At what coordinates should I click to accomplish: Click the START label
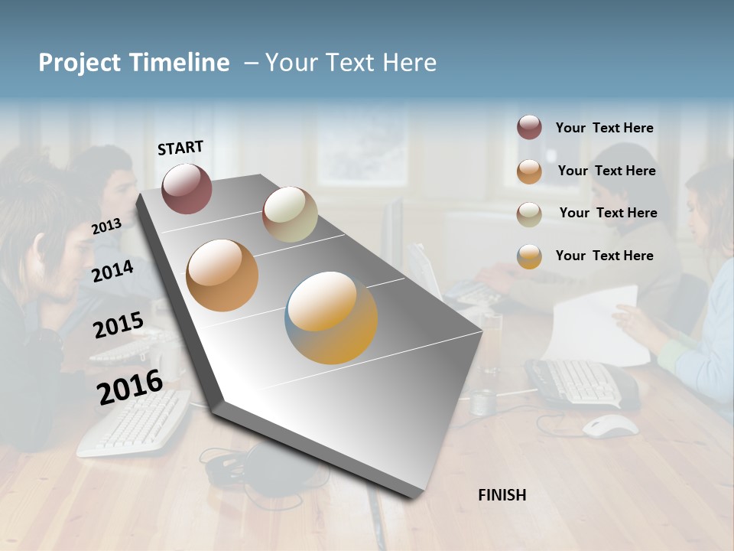pyautogui.click(x=180, y=148)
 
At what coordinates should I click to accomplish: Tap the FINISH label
pyautogui.click(x=502, y=495)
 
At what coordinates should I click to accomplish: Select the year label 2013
pyautogui.click(x=106, y=227)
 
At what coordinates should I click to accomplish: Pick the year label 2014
pyautogui.click(x=112, y=271)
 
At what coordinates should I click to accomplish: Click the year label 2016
pyautogui.click(x=129, y=387)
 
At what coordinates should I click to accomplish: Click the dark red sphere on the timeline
pyautogui.click(x=187, y=188)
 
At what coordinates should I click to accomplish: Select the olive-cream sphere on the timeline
pyautogui.click(x=290, y=214)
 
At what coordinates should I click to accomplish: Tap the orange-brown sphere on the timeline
pyautogui.click(x=222, y=275)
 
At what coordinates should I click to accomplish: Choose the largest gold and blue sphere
pyautogui.click(x=331, y=318)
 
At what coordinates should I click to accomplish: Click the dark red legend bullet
pyautogui.click(x=529, y=128)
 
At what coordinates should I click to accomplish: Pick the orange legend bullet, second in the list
pyautogui.click(x=529, y=171)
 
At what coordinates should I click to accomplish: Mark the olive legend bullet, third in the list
pyautogui.click(x=529, y=214)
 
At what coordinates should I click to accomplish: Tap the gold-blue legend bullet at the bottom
pyautogui.click(x=529, y=256)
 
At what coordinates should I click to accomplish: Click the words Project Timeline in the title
pyautogui.click(x=134, y=63)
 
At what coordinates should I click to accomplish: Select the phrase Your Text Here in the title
pyautogui.click(x=350, y=63)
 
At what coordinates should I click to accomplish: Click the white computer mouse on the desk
pyautogui.click(x=610, y=425)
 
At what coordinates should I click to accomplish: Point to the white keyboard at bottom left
pyautogui.click(x=134, y=425)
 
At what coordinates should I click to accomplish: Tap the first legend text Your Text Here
pyautogui.click(x=604, y=128)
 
